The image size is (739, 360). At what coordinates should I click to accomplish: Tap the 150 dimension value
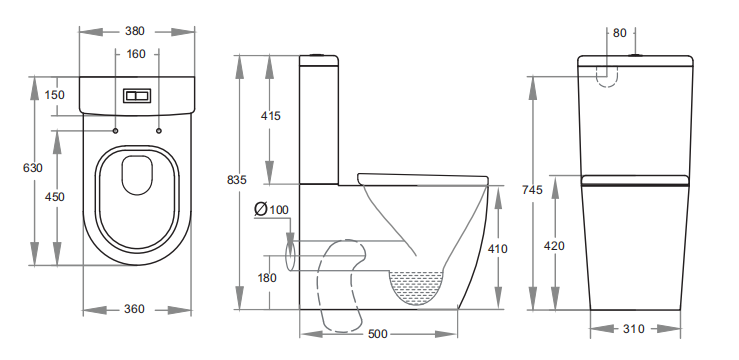(55, 95)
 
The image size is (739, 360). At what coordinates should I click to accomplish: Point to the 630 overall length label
(33, 168)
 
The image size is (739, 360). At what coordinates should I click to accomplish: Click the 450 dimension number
(55, 197)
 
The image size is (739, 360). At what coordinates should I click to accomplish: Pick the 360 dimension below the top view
(135, 309)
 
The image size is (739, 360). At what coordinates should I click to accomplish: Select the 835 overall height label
(236, 180)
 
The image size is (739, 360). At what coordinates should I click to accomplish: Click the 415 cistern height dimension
(270, 116)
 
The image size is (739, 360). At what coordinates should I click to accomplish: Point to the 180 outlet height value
(268, 278)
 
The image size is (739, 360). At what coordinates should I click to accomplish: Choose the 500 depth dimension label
(377, 334)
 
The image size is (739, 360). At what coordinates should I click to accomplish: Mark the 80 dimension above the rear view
(619, 33)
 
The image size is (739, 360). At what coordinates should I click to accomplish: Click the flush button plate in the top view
(136, 97)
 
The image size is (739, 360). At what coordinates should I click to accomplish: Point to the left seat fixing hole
(115, 131)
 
